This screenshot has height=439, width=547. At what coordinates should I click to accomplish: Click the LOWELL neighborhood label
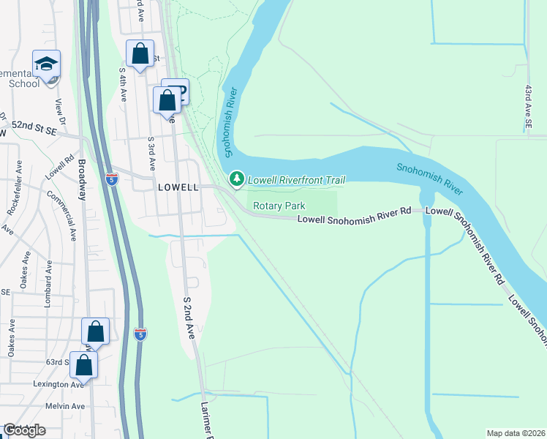coord(178,187)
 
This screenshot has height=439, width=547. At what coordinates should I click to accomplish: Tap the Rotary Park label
coord(279,206)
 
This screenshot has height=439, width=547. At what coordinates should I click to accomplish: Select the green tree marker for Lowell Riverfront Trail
coord(236,179)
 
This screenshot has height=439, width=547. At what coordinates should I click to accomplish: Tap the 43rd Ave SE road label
coord(528,108)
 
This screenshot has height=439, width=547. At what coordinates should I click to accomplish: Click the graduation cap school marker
coord(46,64)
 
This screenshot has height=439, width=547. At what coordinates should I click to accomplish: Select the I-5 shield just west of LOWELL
coord(111,179)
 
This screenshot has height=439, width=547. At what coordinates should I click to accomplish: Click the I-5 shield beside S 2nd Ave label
coord(140,334)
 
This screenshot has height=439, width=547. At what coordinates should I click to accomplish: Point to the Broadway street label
coord(82,180)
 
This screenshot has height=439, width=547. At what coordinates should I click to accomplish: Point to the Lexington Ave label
coord(56,385)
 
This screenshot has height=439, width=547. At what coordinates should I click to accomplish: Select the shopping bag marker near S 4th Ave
coord(140,54)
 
